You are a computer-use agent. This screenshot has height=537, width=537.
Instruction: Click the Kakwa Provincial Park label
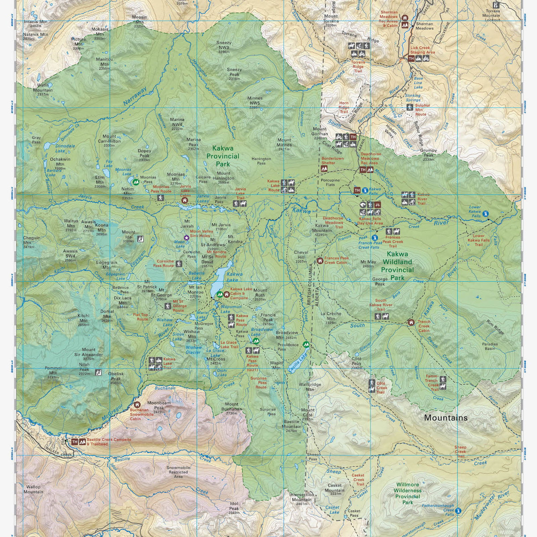pos(226,157)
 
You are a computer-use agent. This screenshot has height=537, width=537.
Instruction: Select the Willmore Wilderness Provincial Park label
pos(408,493)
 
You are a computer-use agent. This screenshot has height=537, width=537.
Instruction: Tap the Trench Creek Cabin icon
pos(411,322)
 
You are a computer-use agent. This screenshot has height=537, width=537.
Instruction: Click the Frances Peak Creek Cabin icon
pos(320,260)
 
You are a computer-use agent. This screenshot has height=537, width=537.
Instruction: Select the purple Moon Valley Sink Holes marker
pos(187,237)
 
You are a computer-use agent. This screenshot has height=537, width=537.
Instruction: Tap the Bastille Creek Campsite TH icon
pos(75,442)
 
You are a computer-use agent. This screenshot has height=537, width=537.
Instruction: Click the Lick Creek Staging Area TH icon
pos(411,58)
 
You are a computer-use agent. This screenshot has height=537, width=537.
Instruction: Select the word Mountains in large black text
pos(445,418)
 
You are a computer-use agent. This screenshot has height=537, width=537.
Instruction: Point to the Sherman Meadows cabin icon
pos(405,18)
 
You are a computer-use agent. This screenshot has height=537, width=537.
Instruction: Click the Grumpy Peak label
pos(429,153)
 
